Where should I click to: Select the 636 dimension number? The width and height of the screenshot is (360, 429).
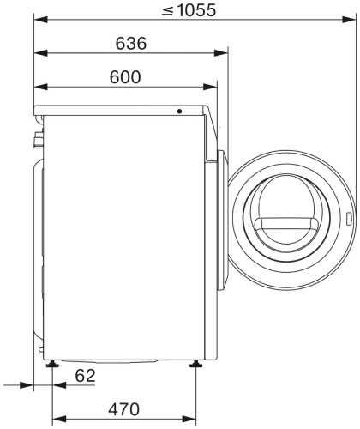pos(130,43)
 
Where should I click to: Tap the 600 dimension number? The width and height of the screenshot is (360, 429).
pos(124,76)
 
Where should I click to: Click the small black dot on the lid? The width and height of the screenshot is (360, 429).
pos(180,110)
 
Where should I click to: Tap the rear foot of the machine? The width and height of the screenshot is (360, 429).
pos(54,364)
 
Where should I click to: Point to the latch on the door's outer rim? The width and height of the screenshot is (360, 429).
pos(350,220)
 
